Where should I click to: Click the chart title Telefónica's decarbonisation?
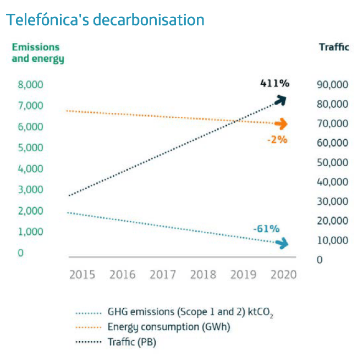(x=105, y=20)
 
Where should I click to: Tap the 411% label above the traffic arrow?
(x=274, y=84)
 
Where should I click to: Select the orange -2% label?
(x=277, y=139)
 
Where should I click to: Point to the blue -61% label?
(x=266, y=228)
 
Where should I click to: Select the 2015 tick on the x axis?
(x=82, y=274)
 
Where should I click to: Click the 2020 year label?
(x=283, y=274)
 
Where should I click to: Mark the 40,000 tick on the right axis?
(x=333, y=182)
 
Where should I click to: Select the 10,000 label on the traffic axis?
(x=333, y=241)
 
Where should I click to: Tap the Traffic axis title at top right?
(x=334, y=47)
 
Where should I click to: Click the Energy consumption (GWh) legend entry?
(x=168, y=327)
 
